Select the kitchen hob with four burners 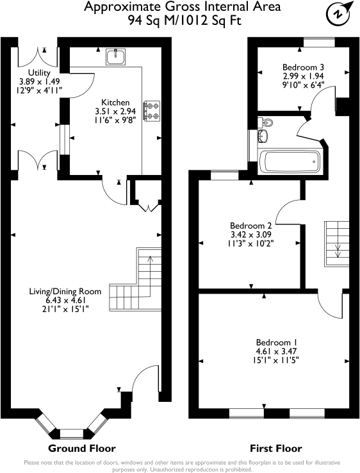(152, 111)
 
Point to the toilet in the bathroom (266, 122)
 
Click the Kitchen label (116, 103)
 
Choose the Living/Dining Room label (65, 292)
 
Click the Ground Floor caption (82, 448)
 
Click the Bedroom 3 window (318, 43)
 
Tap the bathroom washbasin (263, 136)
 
